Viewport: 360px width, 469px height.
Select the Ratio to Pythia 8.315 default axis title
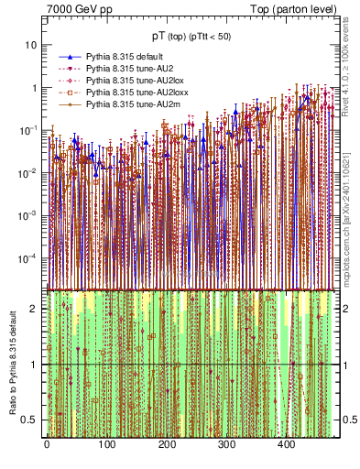point(13,365)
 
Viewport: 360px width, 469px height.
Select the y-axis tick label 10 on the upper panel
point(32,45)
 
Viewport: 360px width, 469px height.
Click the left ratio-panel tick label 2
point(36,308)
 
